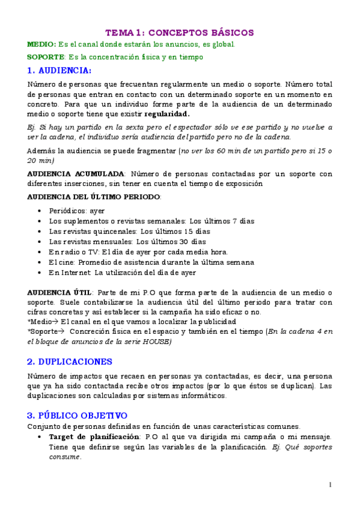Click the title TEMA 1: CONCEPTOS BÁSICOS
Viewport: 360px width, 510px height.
[x=180, y=32]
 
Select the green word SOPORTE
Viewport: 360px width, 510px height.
[x=46, y=57]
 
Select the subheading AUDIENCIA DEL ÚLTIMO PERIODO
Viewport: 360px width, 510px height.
[x=94, y=197]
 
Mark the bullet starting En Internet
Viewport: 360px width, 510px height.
[x=122, y=272]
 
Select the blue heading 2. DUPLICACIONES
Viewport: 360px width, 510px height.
[x=70, y=361]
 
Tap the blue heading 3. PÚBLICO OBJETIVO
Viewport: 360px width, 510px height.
[x=77, y=415]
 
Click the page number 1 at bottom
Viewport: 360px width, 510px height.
[x=331, y=485]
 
